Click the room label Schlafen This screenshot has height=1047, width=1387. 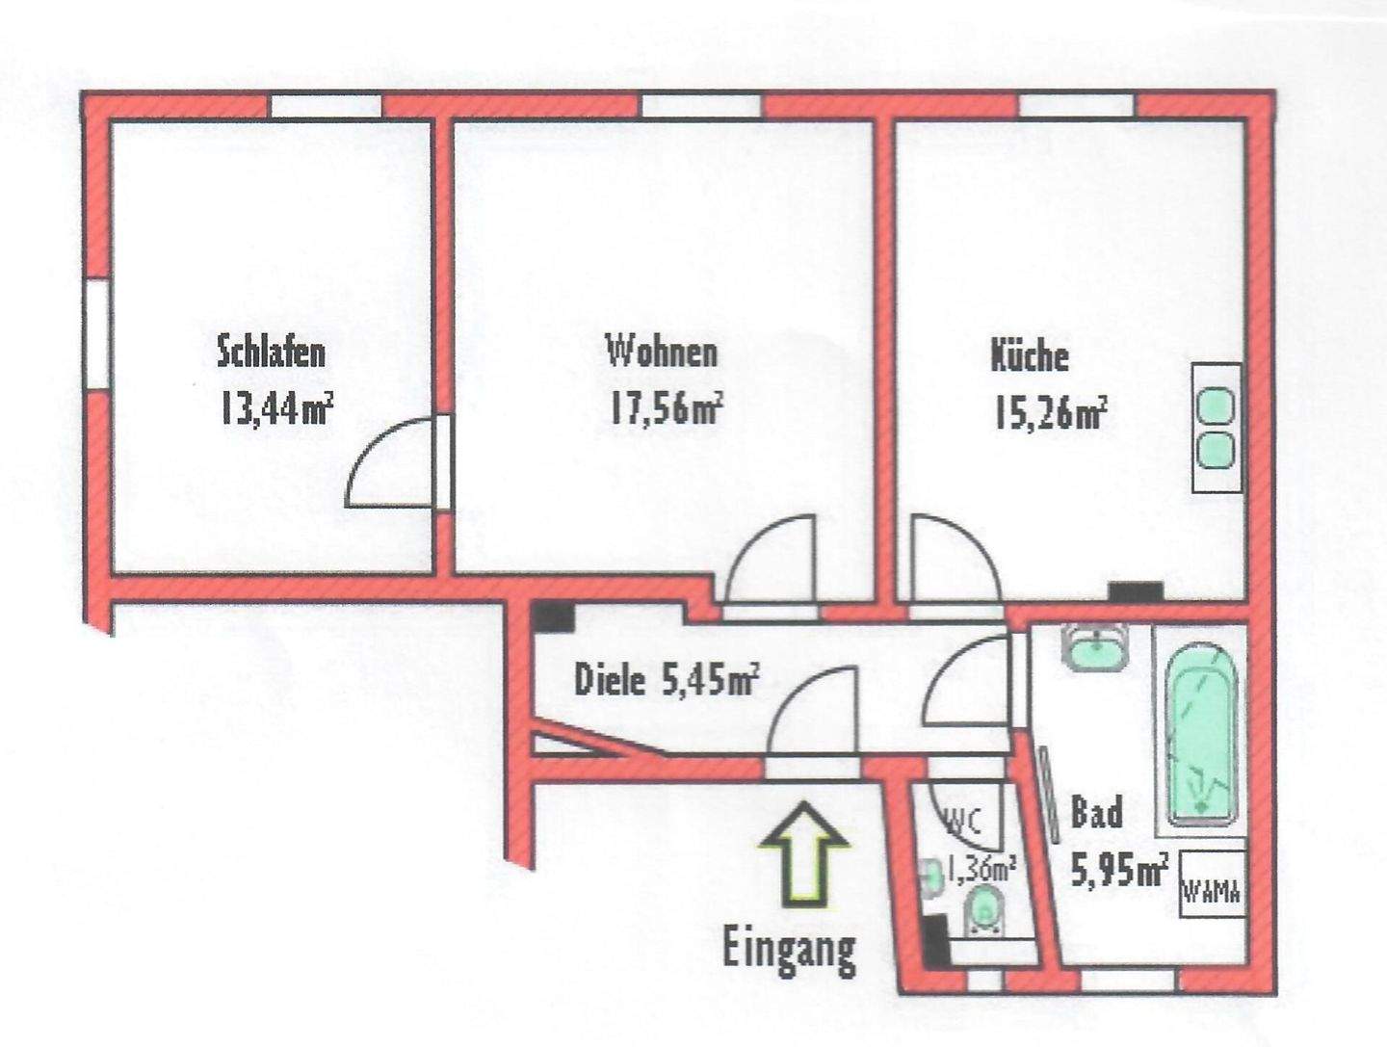tap(271, 352)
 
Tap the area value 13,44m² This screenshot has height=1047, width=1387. tap(276, 409)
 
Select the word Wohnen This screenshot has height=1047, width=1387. tap(661, 352)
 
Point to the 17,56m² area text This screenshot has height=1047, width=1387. tap(665, 408)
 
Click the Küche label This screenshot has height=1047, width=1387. tap(1030, 355)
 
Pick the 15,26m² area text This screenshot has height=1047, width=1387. tap(1049, 415)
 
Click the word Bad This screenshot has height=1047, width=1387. tap(1097, 813)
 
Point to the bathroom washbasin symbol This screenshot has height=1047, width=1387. tap(1095, 648)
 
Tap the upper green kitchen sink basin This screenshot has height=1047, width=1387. tap(1216, 406)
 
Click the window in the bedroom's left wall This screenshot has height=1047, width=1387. tap(96, 334)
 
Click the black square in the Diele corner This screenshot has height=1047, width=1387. tap(554, 616)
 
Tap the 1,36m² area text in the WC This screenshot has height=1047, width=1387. tap(981, 870)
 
